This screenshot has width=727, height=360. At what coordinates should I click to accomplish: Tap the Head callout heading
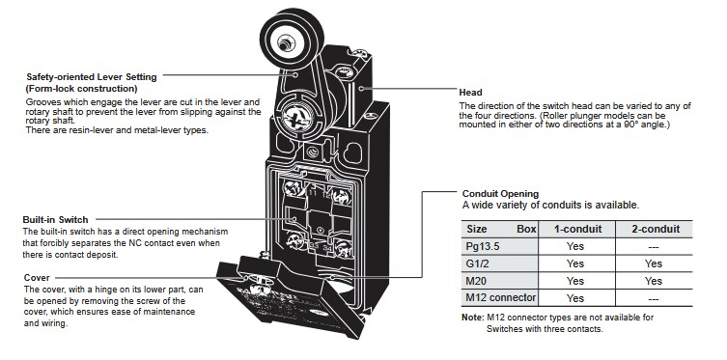click(472, 92)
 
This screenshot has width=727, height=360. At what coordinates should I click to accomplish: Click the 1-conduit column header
click(575, 230)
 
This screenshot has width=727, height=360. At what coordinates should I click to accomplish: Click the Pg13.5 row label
click(485, 246)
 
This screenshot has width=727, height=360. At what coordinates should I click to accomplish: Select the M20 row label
click(478, 280)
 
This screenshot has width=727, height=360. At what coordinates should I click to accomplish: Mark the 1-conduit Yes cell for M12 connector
click(575, 297)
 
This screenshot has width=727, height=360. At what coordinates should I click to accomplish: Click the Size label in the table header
click(477, 230)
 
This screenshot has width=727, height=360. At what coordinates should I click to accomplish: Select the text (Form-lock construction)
click(80, 88)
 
